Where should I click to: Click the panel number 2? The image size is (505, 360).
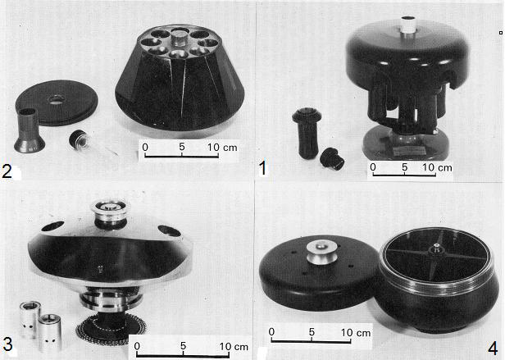(7, 171)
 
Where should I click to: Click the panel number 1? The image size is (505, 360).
(263, 168)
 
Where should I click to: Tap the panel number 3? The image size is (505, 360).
(7, 344)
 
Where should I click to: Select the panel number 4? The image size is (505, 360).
(493, 349)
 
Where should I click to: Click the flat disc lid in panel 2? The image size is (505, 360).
(57, 103)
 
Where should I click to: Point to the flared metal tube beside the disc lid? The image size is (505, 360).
(29, 130)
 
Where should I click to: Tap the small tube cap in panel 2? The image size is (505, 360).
(80, 139)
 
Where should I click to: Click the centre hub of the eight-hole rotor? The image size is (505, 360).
(180, 37)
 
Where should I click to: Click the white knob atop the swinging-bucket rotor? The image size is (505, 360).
(407, 25)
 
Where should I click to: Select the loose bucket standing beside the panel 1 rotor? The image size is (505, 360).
(307, 133)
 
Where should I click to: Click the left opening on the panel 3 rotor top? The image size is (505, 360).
(52, 226)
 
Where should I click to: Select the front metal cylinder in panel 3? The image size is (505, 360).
(50, 333)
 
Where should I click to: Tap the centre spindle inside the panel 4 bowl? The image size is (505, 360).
(436, 248)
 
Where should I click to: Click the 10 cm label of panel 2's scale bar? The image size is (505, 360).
(222, 148)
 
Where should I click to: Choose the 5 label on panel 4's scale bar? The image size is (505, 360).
(312, 331)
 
